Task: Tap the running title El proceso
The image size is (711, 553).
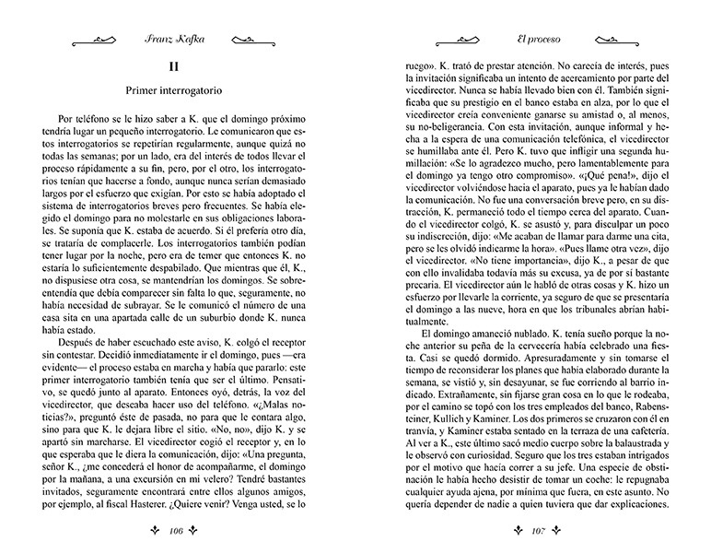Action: [x=535, y=40]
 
